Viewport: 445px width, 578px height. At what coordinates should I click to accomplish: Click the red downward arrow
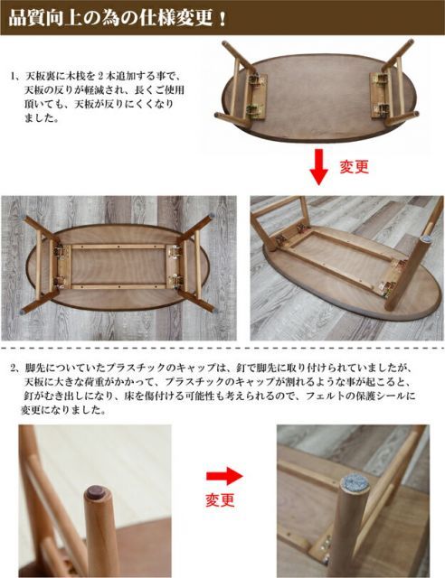click(x=318, y=167)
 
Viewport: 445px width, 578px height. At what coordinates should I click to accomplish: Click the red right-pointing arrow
click(x=224, y=476)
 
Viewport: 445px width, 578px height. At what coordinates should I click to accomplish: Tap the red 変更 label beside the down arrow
click(x=354, y=167)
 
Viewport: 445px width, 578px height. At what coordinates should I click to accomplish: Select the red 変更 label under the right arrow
click(x=220, y=499)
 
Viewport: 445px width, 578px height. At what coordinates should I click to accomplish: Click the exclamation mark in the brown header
click(x=222, y=18)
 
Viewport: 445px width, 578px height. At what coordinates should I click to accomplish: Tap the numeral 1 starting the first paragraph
click(x=14, y=77)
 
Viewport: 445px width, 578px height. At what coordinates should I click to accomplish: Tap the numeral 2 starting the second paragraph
click(x=14, y=368)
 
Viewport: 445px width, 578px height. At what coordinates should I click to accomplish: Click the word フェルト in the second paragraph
click(x=327, y=396)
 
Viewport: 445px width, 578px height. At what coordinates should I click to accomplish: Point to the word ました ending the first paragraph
click(x=41, y=118)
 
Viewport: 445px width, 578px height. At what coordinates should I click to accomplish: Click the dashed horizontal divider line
click(x=222, y=348)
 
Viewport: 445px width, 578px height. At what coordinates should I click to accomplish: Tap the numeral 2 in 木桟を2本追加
click(x=100, y=77)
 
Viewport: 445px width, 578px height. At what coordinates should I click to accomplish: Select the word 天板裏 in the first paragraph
click(x=40, y=77)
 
